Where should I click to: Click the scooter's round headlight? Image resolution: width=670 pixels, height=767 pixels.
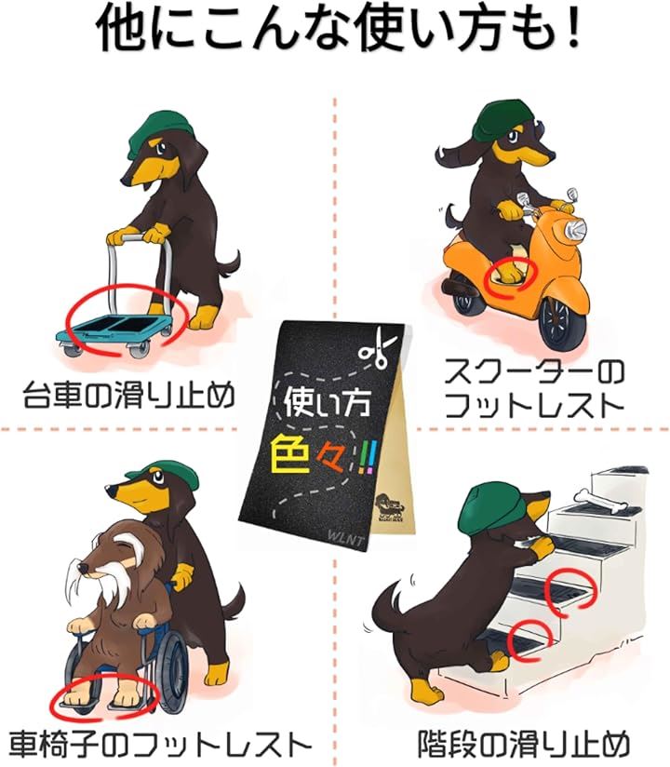576,227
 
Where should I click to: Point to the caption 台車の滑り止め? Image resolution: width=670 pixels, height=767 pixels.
129,396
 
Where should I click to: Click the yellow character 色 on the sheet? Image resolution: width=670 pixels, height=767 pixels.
290,453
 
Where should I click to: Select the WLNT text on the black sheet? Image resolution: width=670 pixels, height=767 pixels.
346,540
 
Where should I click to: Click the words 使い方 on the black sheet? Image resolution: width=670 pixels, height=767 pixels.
327,402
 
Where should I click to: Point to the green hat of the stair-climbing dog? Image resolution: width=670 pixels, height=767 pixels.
483,510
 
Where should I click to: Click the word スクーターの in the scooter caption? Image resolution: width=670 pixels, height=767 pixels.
534,373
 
